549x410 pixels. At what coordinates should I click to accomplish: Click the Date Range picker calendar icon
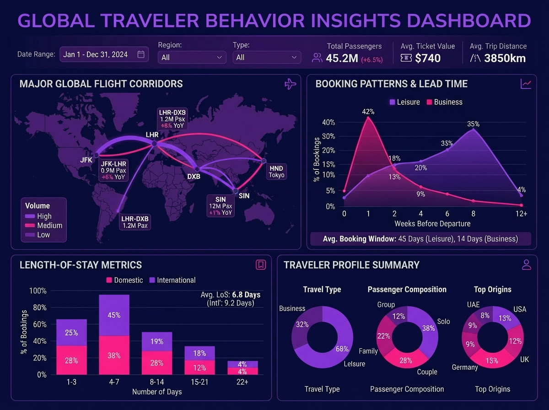coord(141,54)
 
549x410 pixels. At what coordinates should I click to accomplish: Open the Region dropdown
coord(192,57)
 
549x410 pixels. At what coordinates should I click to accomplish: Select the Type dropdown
coord(267,57)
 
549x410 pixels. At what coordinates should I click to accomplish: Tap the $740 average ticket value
coord(428,58)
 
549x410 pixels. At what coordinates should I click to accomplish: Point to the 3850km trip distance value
coord(505,58)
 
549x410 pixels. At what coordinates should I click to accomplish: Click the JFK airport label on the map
coord(86,160)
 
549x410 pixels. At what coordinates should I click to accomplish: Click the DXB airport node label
coord(194,176)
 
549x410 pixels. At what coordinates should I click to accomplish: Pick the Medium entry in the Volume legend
coord(49,226)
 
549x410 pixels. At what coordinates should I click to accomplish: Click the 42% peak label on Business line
coord(368,111)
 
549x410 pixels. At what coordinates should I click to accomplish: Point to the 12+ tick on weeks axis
coord(521,214)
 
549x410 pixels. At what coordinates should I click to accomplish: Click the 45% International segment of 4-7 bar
coord(114,315)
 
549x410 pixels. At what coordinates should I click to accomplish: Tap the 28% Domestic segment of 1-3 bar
coord(71,361)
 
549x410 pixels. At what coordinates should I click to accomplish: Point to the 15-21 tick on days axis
coord(199,382)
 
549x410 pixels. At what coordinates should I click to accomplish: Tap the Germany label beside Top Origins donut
coord(465,367)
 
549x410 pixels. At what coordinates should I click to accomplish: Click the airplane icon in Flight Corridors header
coord(290,84)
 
